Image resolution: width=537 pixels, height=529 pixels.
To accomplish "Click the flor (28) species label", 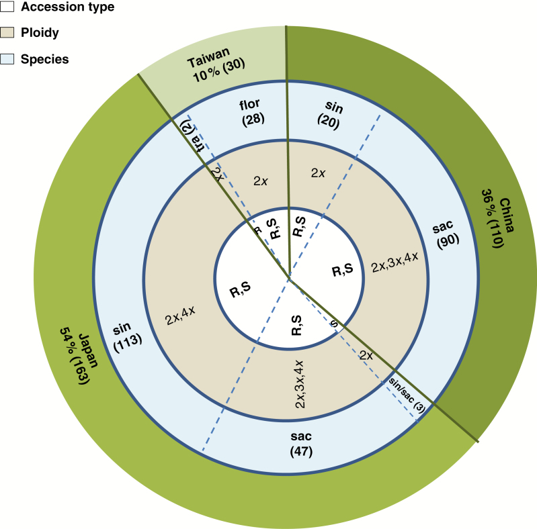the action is (x=251, y=112).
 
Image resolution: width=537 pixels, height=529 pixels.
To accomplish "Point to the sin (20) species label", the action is (x=331, y=115).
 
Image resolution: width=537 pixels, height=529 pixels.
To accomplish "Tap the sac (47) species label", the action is (x=301, y=444).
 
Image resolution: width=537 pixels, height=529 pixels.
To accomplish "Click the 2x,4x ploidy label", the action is (x=180, y=315).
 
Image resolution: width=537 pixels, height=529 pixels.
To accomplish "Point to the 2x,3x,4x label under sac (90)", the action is (x=395, y=262).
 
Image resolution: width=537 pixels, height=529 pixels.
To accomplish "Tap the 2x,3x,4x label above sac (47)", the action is (x=300, y=383).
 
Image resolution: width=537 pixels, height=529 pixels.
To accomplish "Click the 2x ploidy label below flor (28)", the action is (x=261, y=181).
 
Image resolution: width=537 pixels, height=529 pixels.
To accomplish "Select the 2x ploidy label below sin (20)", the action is (x=318, y=173).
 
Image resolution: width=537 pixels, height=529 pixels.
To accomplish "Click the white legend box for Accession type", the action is (x=7, y=7).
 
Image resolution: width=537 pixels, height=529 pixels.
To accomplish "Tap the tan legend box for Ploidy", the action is (x=7, y=32).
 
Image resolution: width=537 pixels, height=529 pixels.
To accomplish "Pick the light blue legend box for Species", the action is (x=7, y=59).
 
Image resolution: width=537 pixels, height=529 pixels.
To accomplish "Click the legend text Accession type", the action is (x=67, y=7).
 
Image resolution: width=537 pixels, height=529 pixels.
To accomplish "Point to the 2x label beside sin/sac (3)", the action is (x=366, y=356).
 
